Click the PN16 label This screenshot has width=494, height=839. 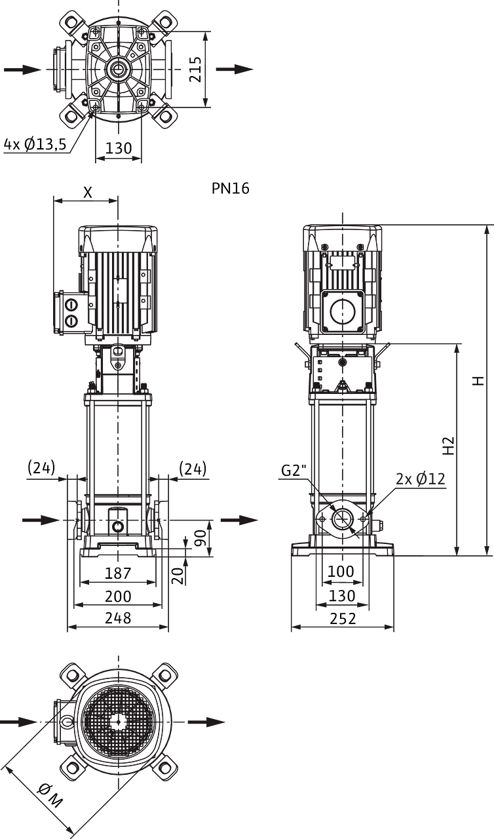point(230,188)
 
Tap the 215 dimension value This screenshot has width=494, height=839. point(195,69)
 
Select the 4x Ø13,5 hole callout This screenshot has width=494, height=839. point(35,144)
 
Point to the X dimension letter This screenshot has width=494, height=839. point(87,193)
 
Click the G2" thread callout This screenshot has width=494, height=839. point(294,471)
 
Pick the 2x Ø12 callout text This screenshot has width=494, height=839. point(421,478)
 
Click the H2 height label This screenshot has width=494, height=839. point(448,445)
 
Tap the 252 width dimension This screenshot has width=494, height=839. point(343,619)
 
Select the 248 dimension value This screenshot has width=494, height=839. point(118,618)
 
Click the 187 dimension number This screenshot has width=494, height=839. point(118,574)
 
